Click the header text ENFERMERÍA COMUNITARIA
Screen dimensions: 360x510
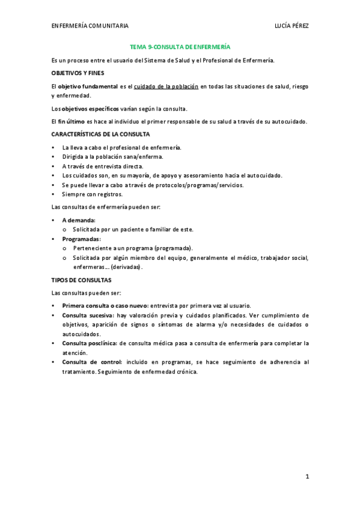pyautogui.click(x=90, y=26)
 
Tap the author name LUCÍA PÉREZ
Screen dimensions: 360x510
pyautogui.click(x=291, y=26)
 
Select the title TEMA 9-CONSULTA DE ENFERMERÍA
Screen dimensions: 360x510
pyautogui.click(x=180, y=46)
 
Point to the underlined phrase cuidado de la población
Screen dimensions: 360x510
pyautogui.click(x=166, y=87)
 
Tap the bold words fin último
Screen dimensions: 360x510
pyautogui.click(x=72, y=121)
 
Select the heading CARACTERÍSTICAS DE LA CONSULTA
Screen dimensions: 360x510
pyautogui.click(x=100, y=134)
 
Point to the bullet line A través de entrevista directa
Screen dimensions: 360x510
pyautogui.click(x=103, y=166)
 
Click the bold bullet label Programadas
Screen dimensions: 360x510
pyautogui.click(x=81, y=239)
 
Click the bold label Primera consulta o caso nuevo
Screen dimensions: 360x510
pyautogui.click(x=105, y=306)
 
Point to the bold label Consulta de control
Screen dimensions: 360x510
pyautogui.click(x=91, y=362)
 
